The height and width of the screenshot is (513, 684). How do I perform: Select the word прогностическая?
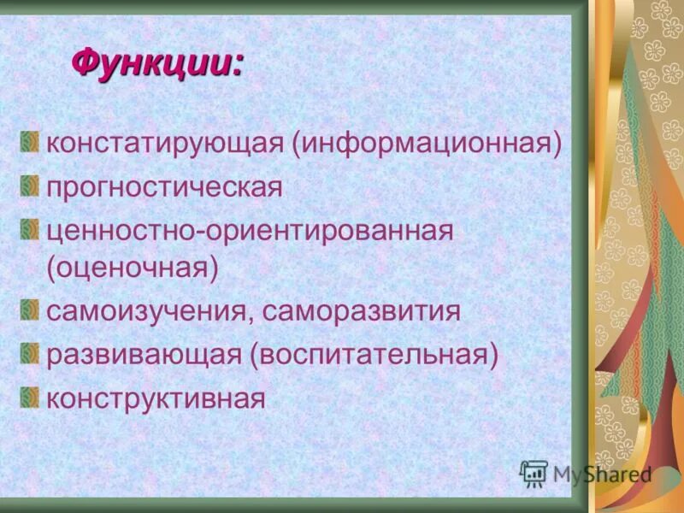[164, 187]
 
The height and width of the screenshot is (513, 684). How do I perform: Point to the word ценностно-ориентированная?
[249, 231]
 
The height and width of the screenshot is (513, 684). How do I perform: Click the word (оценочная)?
[133, 267]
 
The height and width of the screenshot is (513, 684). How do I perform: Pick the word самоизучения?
[145, 310]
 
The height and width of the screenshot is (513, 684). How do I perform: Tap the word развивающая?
[144, 354]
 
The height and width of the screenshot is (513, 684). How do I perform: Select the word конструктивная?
[156, 398]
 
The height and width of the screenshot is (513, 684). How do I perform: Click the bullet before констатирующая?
[31, 140]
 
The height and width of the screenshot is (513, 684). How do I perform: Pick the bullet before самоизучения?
[31, 308]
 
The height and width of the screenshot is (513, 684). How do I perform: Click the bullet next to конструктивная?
[31, 395]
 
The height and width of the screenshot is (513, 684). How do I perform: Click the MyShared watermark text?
[602, 474]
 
